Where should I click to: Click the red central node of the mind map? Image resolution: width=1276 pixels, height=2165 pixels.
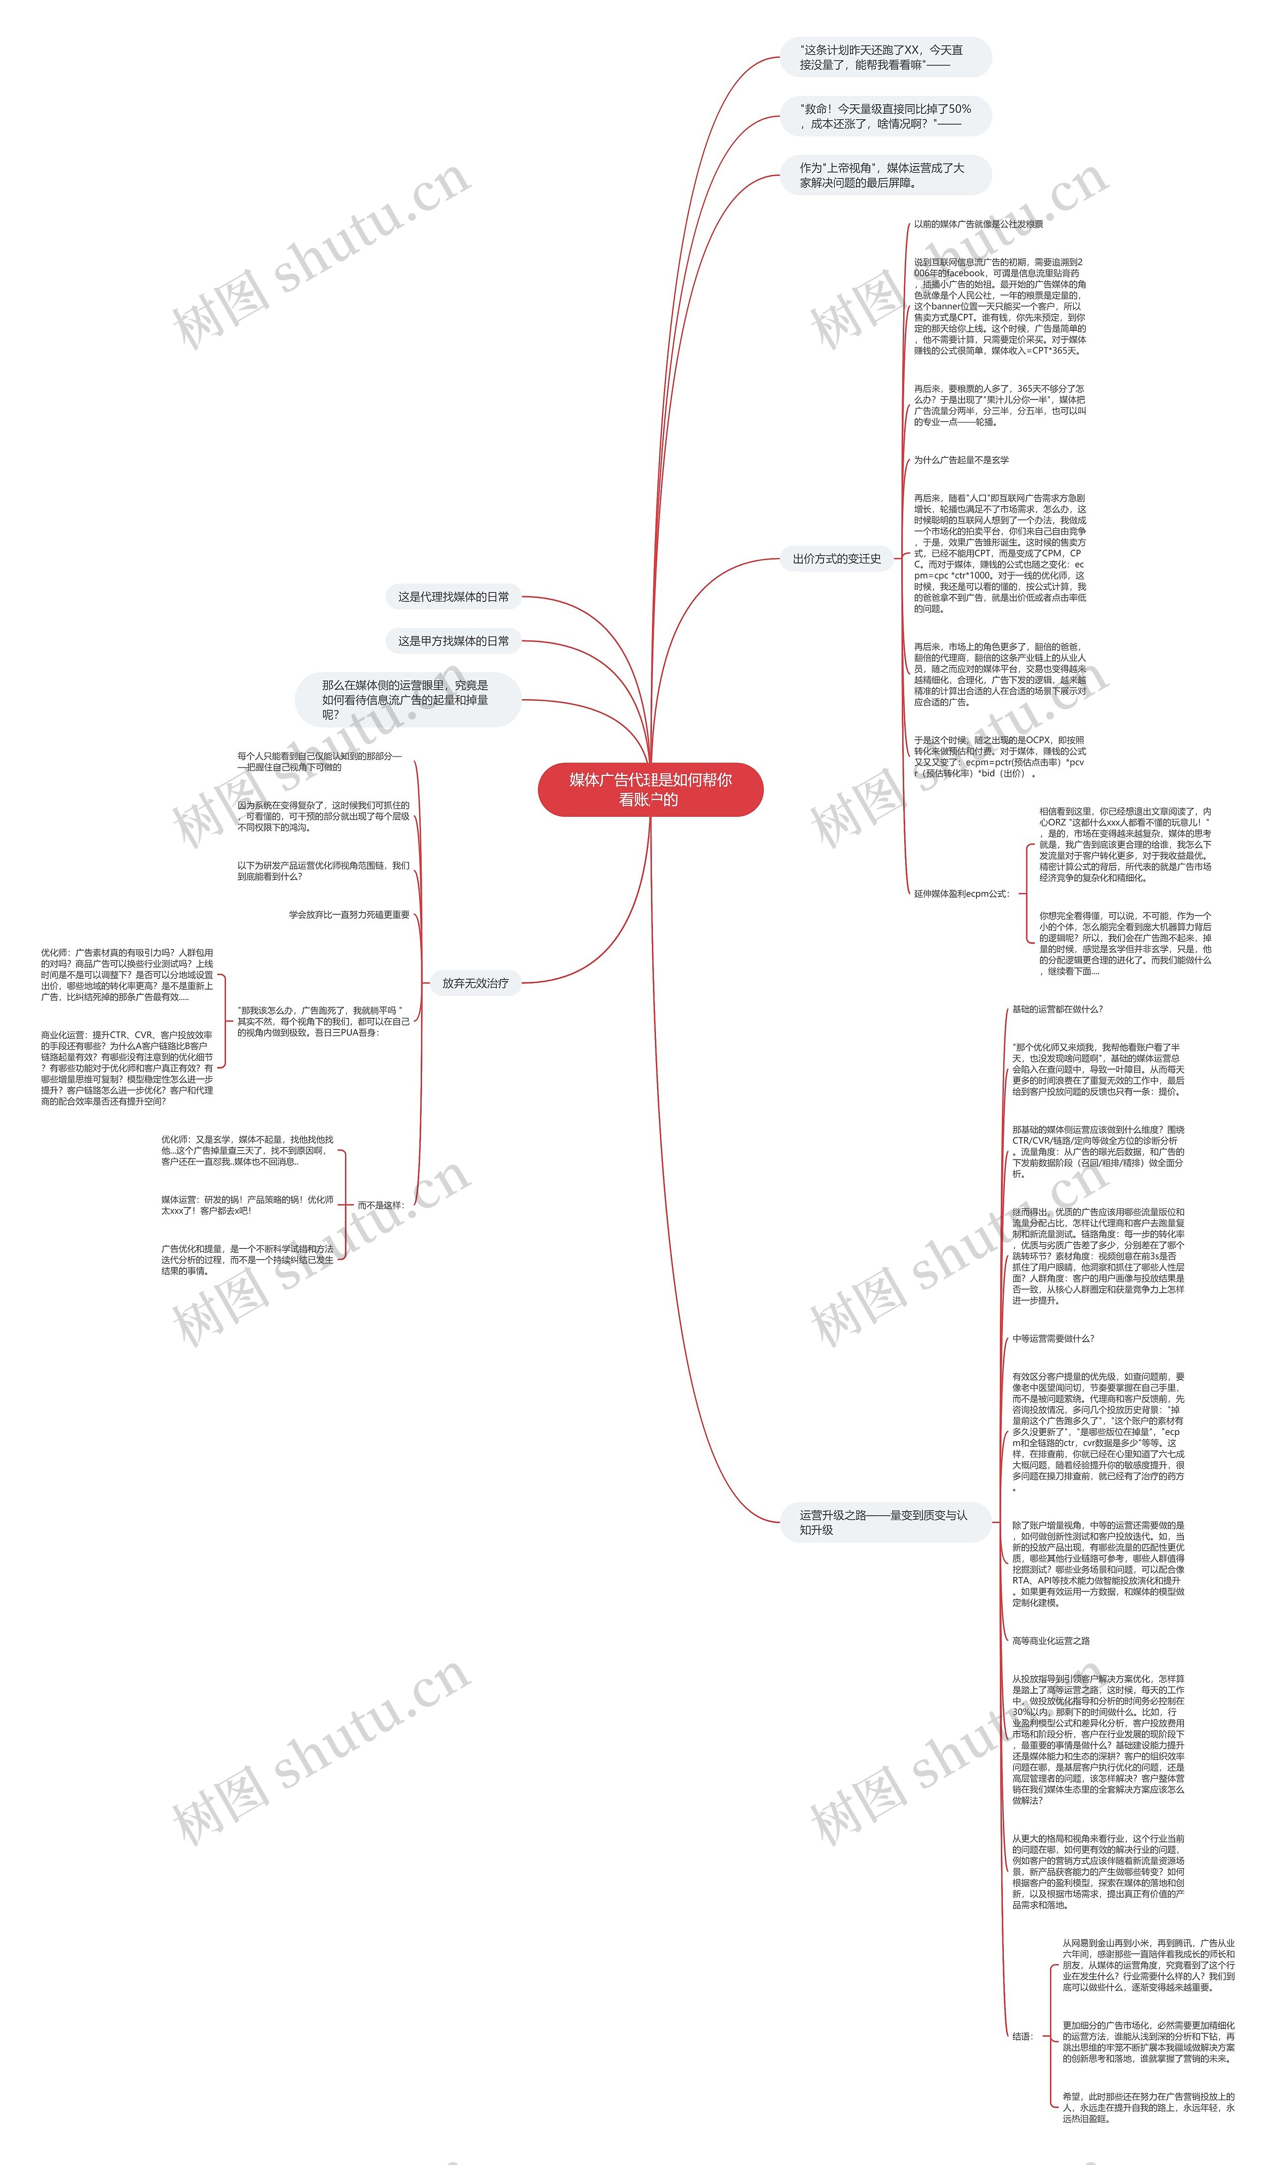point(650,789)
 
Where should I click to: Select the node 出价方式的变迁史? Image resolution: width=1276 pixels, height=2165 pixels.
point(836,559)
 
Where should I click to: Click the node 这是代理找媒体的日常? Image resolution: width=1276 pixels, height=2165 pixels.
point(453,597)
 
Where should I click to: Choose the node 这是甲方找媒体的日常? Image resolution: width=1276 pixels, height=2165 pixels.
point(453,641)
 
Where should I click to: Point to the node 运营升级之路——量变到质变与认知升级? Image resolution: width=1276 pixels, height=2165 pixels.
point(883,1523)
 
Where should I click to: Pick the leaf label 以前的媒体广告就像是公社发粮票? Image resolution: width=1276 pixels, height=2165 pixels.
point(978,224)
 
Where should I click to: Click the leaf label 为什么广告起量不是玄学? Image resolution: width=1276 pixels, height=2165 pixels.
point(961,460)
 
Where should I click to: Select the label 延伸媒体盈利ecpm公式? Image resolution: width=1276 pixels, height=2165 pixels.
point(962,894)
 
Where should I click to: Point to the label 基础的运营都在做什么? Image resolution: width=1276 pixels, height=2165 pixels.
point(1057,1009)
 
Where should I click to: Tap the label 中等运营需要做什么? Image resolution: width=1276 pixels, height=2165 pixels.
point(1053,1339)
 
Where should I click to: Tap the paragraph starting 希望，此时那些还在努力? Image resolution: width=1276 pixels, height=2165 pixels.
point(1148,2107)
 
